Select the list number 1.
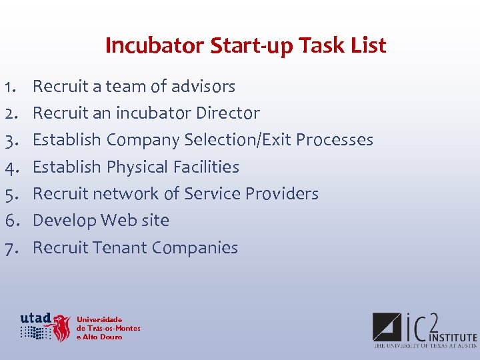[x=9, y=87]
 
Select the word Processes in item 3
[x=335, y=140]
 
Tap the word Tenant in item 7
[x=120, y=248]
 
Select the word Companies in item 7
[x=195, y=248]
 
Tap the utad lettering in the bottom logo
[x=35, y=318]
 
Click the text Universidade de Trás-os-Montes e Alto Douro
[x=108, y=328]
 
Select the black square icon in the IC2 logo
[x=386, y=327]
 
